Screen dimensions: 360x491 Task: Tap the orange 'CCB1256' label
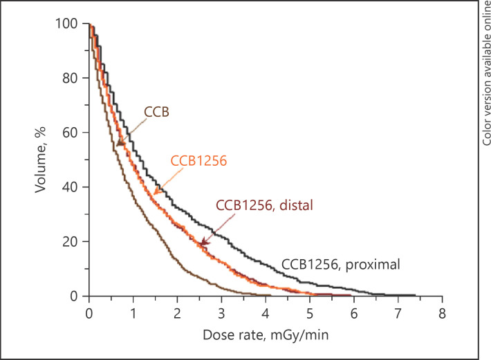pos(198,160)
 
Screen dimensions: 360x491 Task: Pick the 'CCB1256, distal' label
pos(265,205)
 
